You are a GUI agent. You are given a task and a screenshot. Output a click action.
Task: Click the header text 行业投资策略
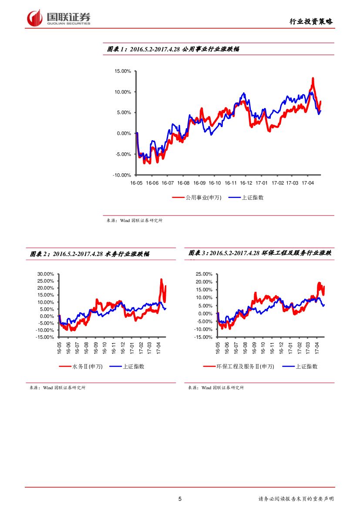pos(311,21)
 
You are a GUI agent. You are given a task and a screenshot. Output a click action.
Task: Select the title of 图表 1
pos(173,49)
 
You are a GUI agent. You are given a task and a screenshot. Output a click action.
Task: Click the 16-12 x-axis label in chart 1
pos(246,183)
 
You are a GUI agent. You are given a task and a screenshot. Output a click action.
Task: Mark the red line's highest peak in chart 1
pos(313,79)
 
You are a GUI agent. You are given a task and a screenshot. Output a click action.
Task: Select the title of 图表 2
pos(90,254)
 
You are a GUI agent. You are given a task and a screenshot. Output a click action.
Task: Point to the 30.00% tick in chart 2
pos(45,274)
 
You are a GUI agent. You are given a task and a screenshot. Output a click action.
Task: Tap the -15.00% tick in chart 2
pos(45,337)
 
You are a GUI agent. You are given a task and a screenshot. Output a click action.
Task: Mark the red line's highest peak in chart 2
pos(161,280)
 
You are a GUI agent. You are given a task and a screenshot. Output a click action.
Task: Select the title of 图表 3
pos(259,253)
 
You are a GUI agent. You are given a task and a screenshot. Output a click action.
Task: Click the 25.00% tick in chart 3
pos(204,274)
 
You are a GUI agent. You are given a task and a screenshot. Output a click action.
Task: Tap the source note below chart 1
pos(135,221)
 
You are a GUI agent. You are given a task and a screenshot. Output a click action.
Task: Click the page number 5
pos(180,499)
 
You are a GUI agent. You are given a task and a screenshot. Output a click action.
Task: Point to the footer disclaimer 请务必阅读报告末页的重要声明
pos(296,499)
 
